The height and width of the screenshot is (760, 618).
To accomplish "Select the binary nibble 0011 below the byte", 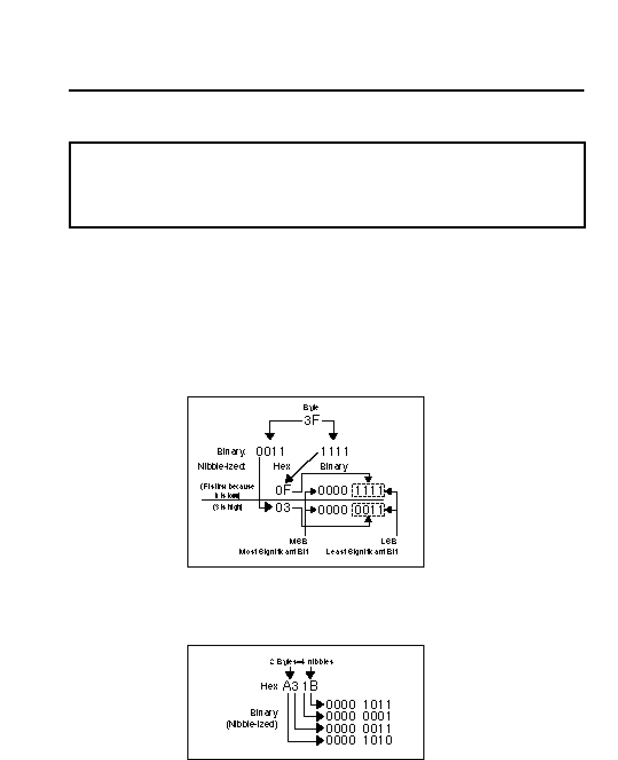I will click(270, 452).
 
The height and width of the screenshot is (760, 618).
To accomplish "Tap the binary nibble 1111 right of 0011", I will click(334, 452).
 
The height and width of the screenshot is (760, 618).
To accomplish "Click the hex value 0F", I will click(284, 490).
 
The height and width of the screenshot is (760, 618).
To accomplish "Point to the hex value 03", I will click(283, 508).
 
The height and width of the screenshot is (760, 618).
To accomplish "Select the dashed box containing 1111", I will click(368, 491).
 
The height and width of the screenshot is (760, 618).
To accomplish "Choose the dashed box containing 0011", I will click(368, 510).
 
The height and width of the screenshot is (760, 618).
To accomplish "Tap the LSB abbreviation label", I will click(389, 541).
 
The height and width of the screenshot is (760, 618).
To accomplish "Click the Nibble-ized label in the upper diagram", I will click(221, 467).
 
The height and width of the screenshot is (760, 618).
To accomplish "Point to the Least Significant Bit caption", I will click(362, 552).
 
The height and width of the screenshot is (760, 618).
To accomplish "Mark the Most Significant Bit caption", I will click(273, 552).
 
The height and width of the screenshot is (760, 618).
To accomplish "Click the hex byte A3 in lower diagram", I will click(291, 686).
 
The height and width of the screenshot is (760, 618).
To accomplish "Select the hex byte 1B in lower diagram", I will click(310, 686).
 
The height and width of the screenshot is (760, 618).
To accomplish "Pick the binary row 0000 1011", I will click(359, 705).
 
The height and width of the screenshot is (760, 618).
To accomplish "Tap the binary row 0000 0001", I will click(359, 716).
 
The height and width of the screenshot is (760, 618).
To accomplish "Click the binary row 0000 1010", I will click(359, 741).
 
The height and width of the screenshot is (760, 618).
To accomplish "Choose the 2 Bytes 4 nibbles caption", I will click(301, 661).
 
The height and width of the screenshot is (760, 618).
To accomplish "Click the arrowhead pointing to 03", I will click(268, 507).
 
